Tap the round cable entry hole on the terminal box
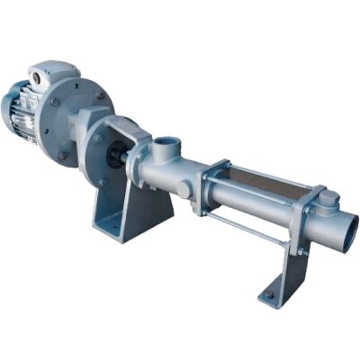(x=36, y=81)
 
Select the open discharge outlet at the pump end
(x=346, y=233)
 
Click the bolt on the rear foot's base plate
(x=268, y=294)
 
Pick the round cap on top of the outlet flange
(x=329, y=199)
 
